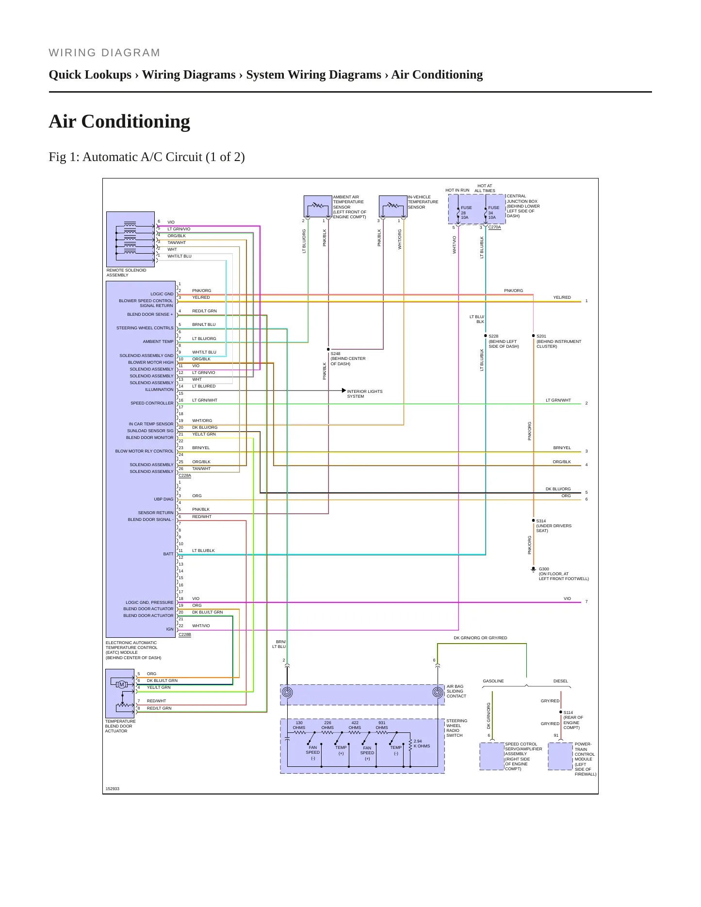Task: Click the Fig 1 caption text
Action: click(147, 157)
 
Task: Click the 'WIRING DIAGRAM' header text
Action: click(104, 53)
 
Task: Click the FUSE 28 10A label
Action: click(466, 212)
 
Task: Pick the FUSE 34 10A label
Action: click(493, 212)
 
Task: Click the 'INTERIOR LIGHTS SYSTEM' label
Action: click(364, 394)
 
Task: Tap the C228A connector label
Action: click(185, 475)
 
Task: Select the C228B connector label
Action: click(185, 634)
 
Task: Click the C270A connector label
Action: click(494, 227)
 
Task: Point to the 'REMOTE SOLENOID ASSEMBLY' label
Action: click(126, 273)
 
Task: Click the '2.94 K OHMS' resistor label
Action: click(422, 744)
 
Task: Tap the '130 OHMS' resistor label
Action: click(299, 725)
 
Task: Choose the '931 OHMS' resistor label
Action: click(382, 725)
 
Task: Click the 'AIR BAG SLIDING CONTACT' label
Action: click(456, 691)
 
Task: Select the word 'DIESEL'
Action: click(560, 681)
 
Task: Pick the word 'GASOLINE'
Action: click(493, 681)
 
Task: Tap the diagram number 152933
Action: click(112, 789)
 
